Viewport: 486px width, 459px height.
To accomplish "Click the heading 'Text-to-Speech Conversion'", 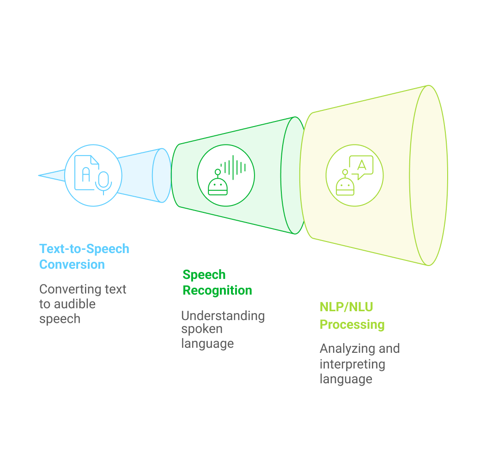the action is click(84, 256).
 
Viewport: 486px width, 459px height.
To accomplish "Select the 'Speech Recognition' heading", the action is click(217, 283).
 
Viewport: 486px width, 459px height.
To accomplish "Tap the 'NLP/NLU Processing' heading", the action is click(352, 315).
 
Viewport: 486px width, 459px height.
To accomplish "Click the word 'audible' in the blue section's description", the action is click(75, 304).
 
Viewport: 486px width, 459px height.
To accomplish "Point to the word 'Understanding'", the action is click(223, 316).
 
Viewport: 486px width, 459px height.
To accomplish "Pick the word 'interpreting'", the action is click(352, 364).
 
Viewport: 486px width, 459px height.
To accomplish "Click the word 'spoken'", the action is click(202, 330).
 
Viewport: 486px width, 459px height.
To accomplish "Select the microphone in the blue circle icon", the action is click(103, 183).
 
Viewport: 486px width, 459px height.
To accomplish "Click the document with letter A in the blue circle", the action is click(86, 173).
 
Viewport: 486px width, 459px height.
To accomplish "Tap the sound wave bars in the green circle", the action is click(233, 168).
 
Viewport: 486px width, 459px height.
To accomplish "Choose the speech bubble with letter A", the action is click(361, 167).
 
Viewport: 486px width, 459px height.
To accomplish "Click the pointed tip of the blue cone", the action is click(38, 175).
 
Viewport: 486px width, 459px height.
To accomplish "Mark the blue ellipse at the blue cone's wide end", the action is click(162, 175).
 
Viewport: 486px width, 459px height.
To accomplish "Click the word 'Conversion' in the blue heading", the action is click(72, 265).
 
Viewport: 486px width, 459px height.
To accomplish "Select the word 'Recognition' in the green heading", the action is click(217, 290).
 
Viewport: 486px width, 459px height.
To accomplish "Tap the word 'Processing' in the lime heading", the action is click(352, 325).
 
